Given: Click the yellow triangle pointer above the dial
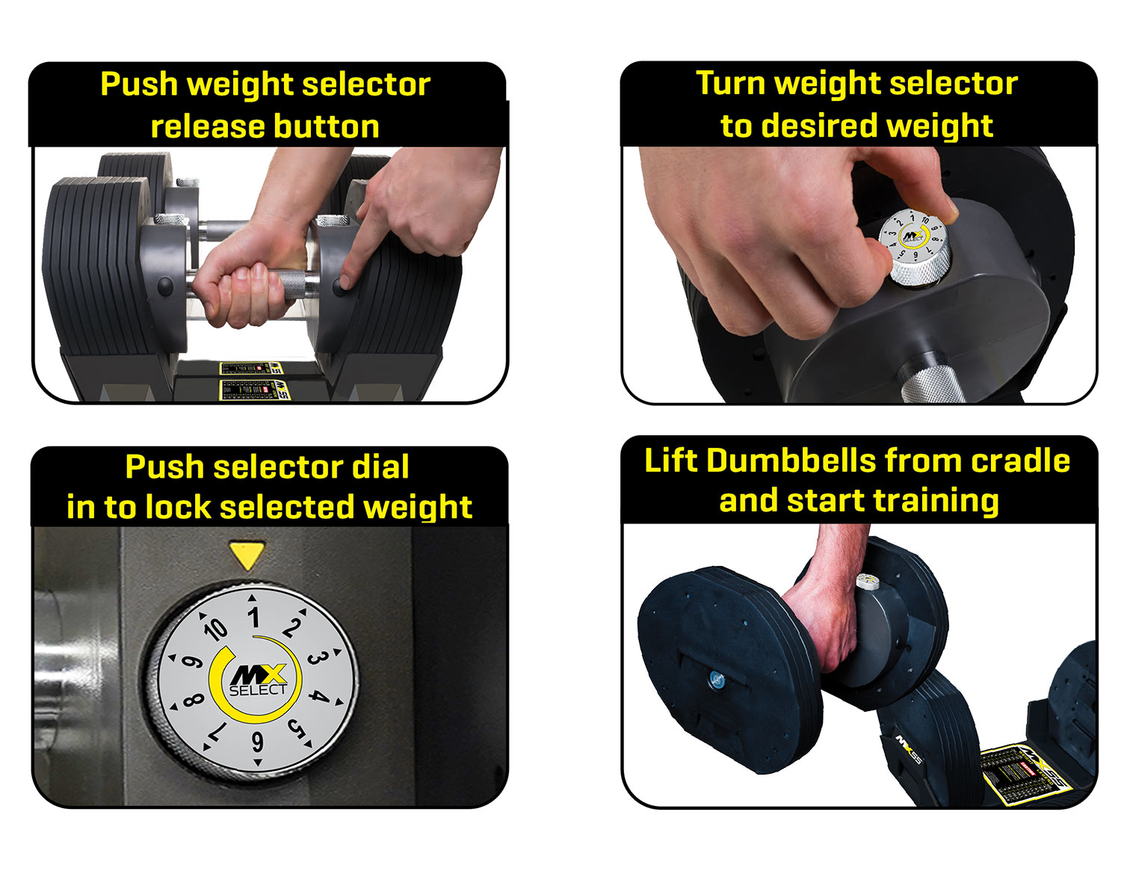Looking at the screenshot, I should (x=247, y=555).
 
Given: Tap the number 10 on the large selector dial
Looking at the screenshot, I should (x=215, y=629).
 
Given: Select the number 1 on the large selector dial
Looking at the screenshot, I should (x=254, y=618).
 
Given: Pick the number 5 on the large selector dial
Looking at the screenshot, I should (x=297, y=727).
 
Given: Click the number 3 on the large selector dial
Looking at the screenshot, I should (x=315, y=658).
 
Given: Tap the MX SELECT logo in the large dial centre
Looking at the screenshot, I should (x=256, y=680).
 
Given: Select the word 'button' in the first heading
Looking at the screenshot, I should (x=325, y=126).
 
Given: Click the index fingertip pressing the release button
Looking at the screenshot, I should (x=345, y=283).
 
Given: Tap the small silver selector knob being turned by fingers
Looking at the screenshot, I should (x=915, y=247).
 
